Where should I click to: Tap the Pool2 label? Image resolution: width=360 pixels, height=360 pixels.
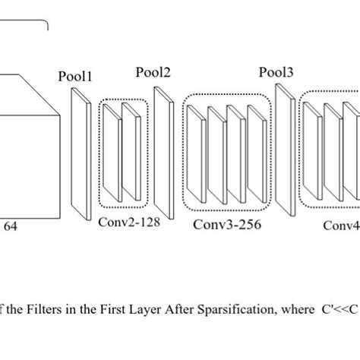pos(153,73)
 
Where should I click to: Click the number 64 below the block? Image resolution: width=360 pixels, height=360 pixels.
pos(11,226)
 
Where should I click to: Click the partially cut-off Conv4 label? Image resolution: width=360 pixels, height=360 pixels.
pos(341,225)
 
